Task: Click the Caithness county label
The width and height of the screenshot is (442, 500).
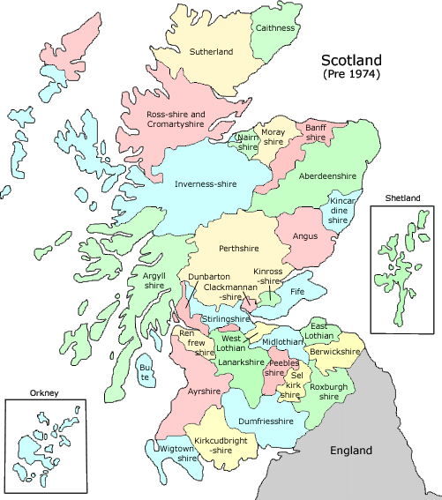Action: [275, 28]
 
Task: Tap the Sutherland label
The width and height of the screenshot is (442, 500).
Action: [212, 52]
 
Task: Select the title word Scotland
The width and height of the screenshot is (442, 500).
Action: [351, 61]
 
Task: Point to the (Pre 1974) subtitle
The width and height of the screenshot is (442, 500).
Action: [351, 76]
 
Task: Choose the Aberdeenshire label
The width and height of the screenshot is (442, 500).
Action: [328, 176]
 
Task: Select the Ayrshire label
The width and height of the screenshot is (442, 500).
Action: [204, 389]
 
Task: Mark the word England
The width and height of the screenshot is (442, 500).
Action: [352, 451]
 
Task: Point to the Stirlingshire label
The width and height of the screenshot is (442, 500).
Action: [225, 319]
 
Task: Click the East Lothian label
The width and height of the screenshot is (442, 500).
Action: [319, 331]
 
